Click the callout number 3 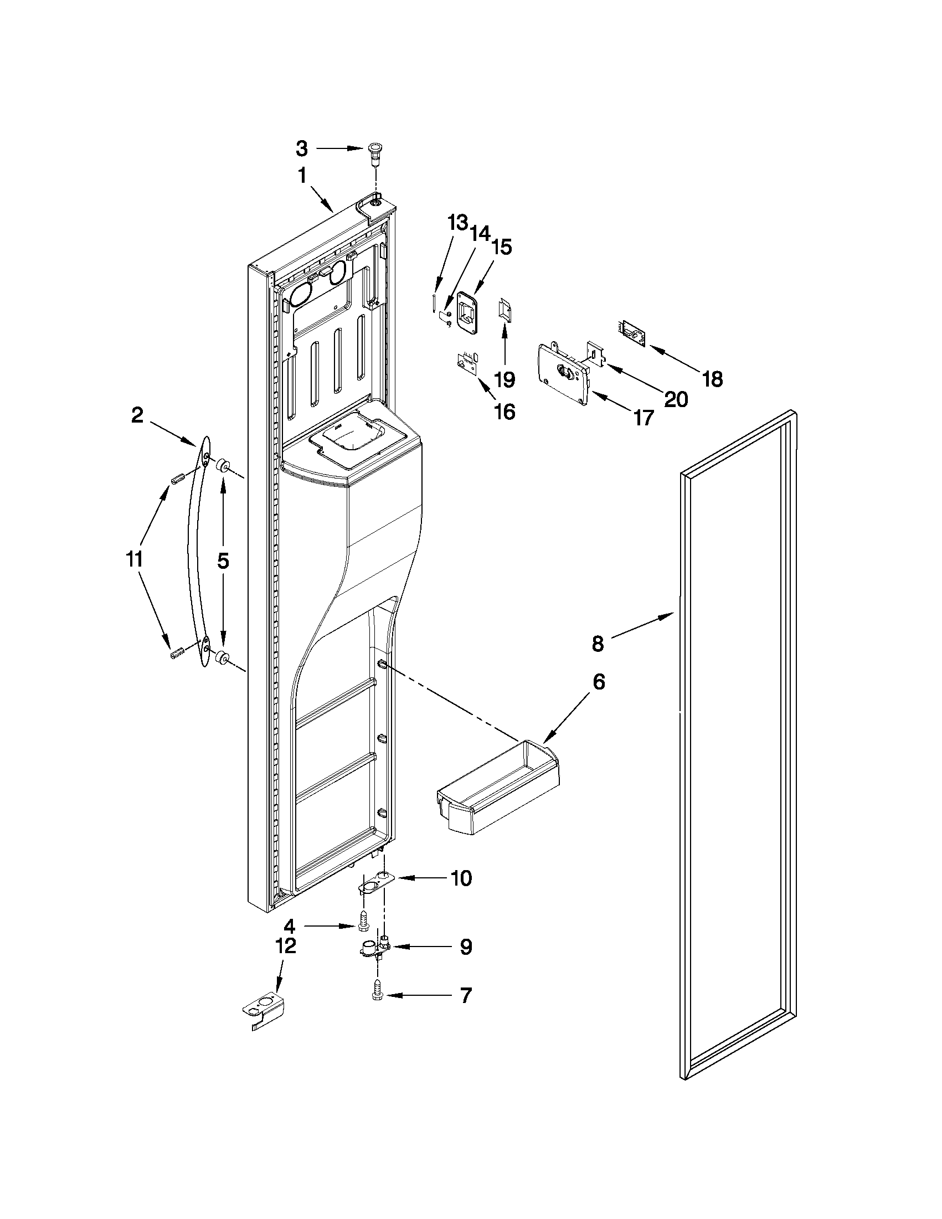click(x=301, y=148)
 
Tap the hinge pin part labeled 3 click(x=374, y=152)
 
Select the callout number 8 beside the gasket click(x=598, y=644)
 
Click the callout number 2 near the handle click(x=137, y=415)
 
